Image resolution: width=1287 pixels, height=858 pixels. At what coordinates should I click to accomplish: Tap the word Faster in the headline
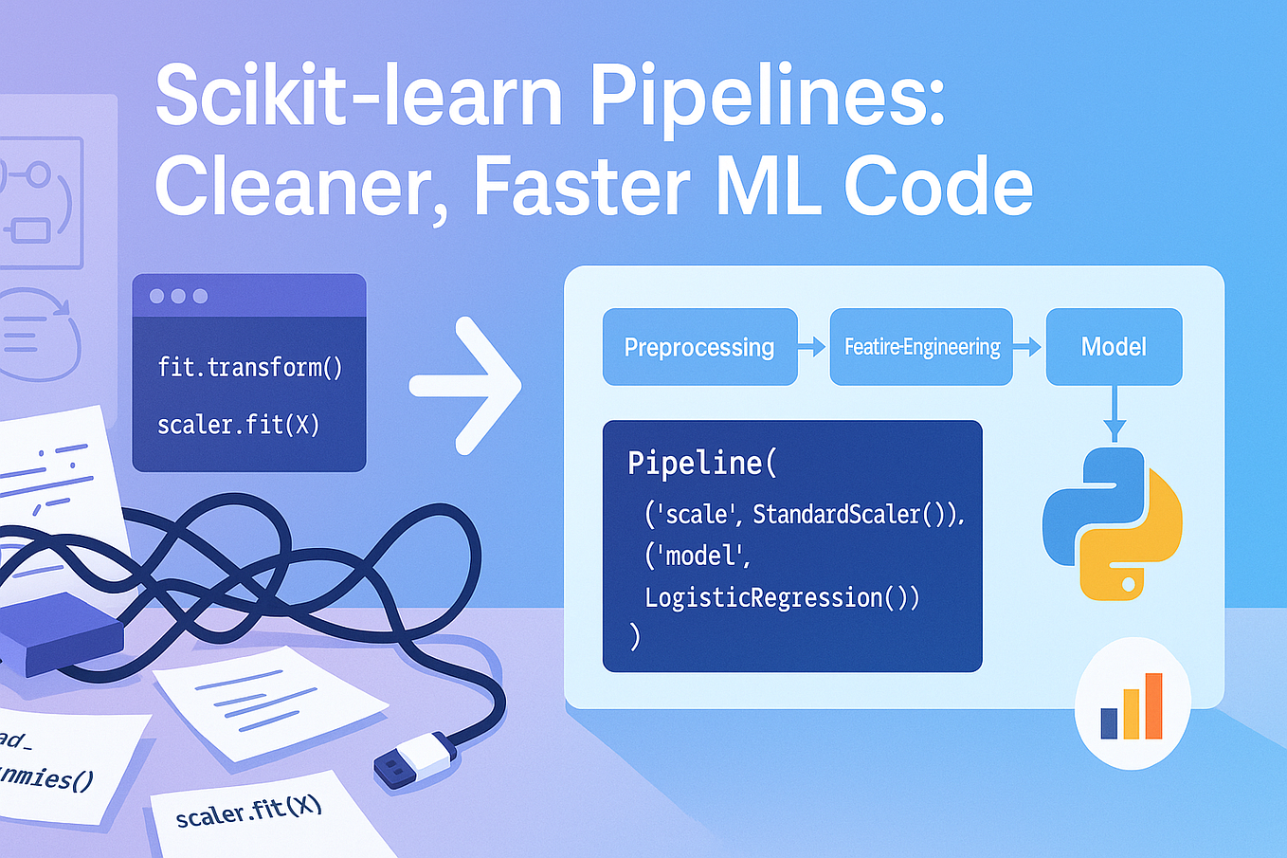581,187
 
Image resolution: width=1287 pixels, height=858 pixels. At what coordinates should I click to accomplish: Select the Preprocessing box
699,347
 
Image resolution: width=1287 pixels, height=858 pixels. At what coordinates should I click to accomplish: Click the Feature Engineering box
921,347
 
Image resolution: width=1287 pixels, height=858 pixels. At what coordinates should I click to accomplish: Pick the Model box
1114,347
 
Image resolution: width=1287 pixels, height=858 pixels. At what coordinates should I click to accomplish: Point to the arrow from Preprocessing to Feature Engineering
812,347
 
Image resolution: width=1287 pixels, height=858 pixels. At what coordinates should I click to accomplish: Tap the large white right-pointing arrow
467,385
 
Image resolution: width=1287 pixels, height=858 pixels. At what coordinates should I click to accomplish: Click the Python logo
1113,523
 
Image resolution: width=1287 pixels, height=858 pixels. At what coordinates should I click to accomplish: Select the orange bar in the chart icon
1153,705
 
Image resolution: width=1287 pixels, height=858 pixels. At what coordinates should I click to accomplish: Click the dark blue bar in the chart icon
1109,722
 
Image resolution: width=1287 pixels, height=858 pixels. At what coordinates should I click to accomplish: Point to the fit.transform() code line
250,367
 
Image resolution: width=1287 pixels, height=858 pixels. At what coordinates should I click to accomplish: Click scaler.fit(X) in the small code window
239,425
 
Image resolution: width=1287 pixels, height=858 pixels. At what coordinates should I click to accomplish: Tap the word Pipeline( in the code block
702,463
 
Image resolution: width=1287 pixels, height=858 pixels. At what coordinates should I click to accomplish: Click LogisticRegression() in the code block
782,597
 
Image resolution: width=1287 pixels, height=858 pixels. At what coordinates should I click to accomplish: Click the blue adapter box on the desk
62,633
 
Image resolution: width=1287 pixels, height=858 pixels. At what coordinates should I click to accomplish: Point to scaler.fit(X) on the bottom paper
249,812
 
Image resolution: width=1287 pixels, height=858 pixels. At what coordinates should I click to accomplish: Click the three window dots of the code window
178,296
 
